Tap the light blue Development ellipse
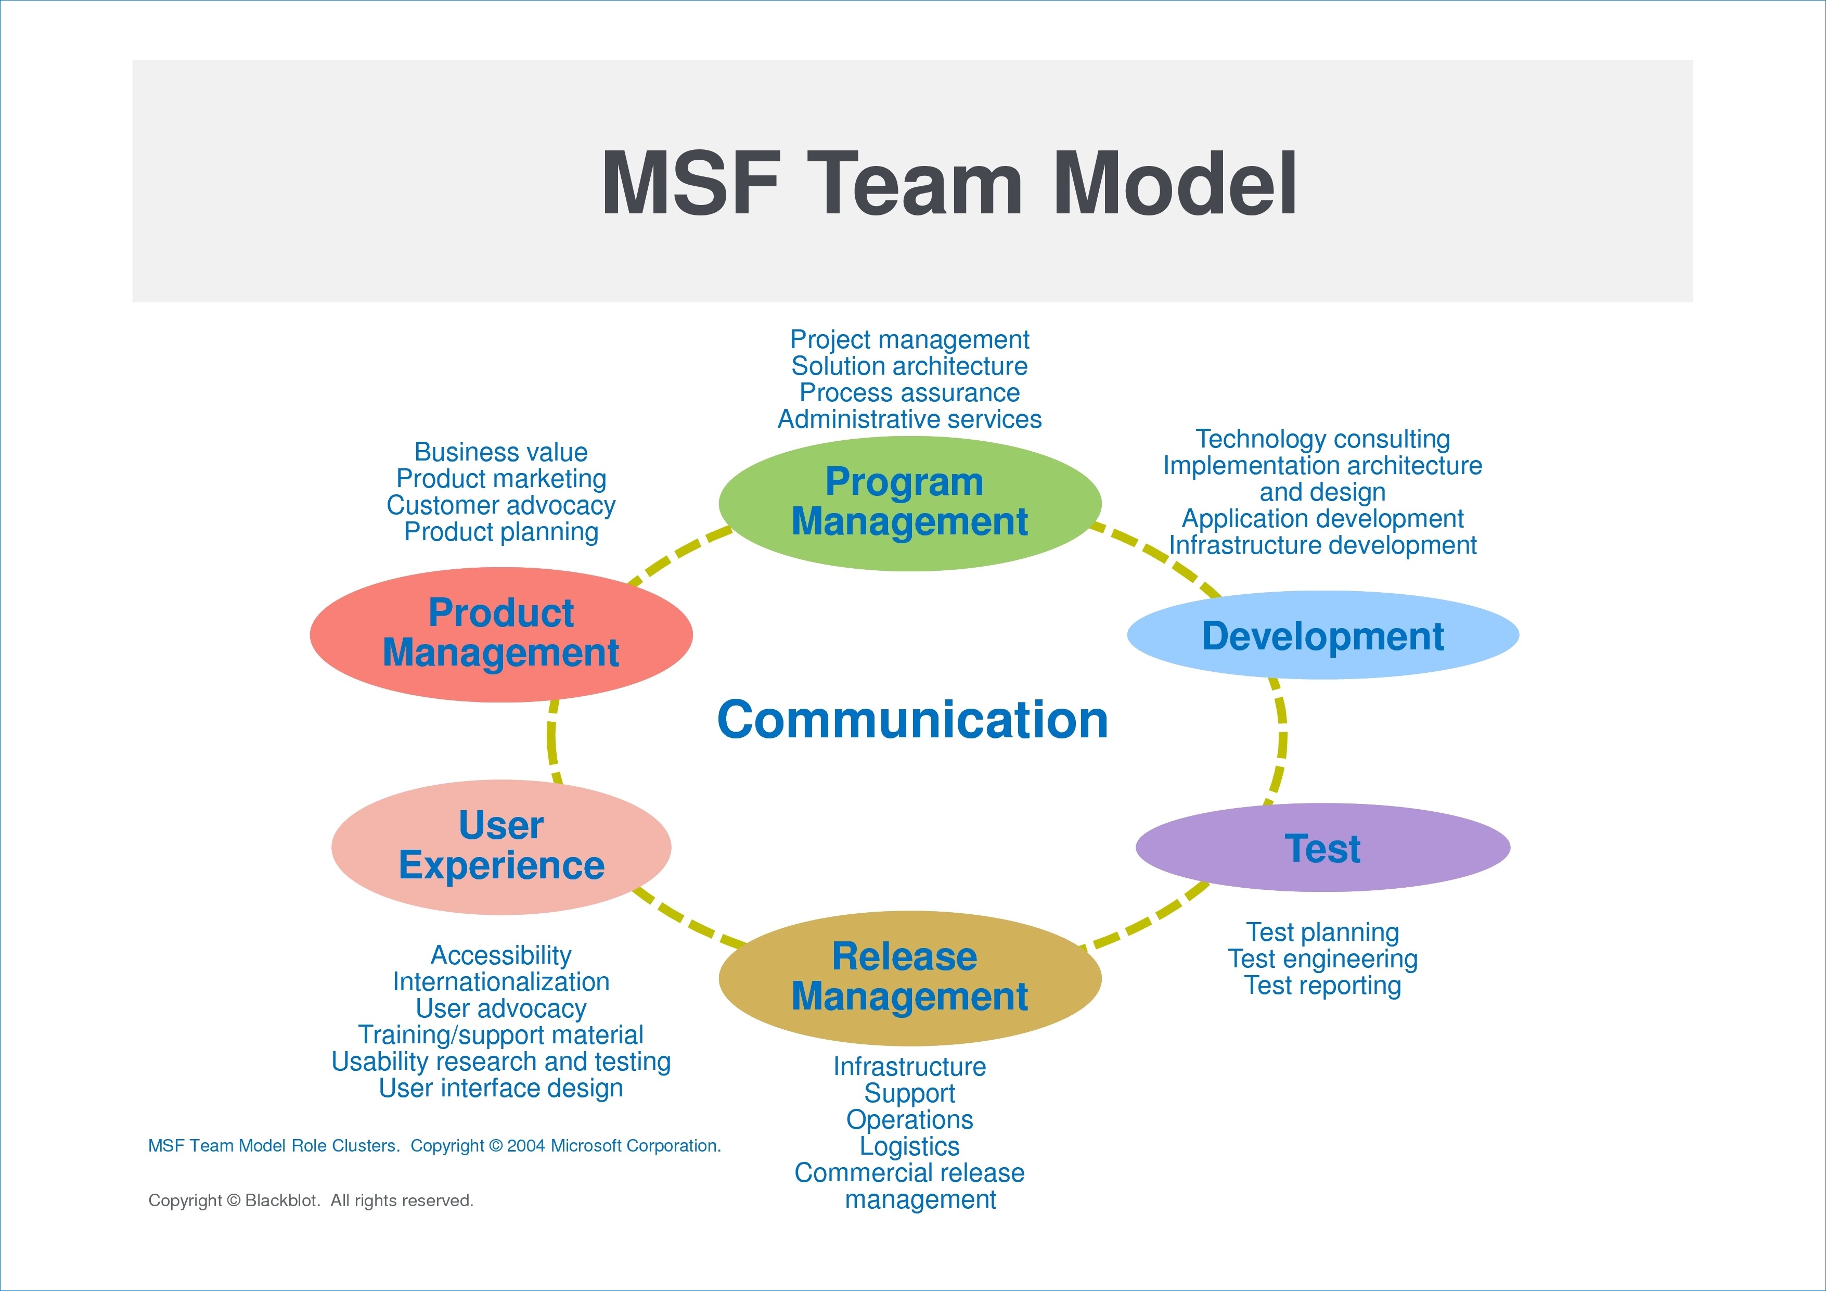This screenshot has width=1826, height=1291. (1323, 635)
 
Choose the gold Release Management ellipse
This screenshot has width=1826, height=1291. (910, 978)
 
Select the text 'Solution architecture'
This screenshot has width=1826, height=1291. (910, 366)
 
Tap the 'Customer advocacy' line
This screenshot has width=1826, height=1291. (501, 505)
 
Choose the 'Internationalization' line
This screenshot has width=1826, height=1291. (501, 981)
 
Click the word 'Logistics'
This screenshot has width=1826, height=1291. (910, 1146)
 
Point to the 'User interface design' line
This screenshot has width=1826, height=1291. (501, 1088)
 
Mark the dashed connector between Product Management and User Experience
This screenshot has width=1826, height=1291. (552, 742)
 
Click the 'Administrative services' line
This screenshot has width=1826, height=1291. (910, 419)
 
